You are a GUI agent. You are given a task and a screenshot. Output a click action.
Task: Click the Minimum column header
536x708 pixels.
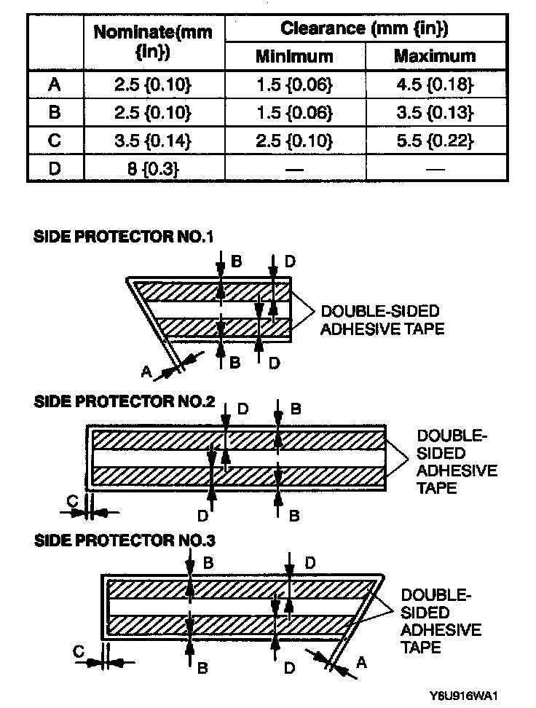[x=294, y=56]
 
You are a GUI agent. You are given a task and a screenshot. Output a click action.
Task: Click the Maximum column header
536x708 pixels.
[x=435, y=56]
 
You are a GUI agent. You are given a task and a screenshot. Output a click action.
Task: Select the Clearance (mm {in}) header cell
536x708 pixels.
[x=364, y=29]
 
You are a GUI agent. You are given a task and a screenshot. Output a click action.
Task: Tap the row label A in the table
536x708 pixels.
[x=55, y=84]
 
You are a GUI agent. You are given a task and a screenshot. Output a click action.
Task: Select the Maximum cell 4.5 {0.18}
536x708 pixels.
[x=435, y=84]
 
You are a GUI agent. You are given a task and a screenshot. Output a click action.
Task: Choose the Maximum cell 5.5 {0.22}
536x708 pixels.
[x=435, y=141]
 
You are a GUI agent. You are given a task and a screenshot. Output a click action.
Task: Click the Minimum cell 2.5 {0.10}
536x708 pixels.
[x=294, y=141]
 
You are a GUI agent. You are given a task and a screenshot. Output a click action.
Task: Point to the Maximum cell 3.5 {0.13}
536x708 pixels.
[x=435, y=113]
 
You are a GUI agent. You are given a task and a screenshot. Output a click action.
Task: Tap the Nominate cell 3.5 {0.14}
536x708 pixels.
[x=153, y=141]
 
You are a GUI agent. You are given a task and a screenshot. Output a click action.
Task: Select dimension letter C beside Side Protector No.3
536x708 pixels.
[x=79, y=652]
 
